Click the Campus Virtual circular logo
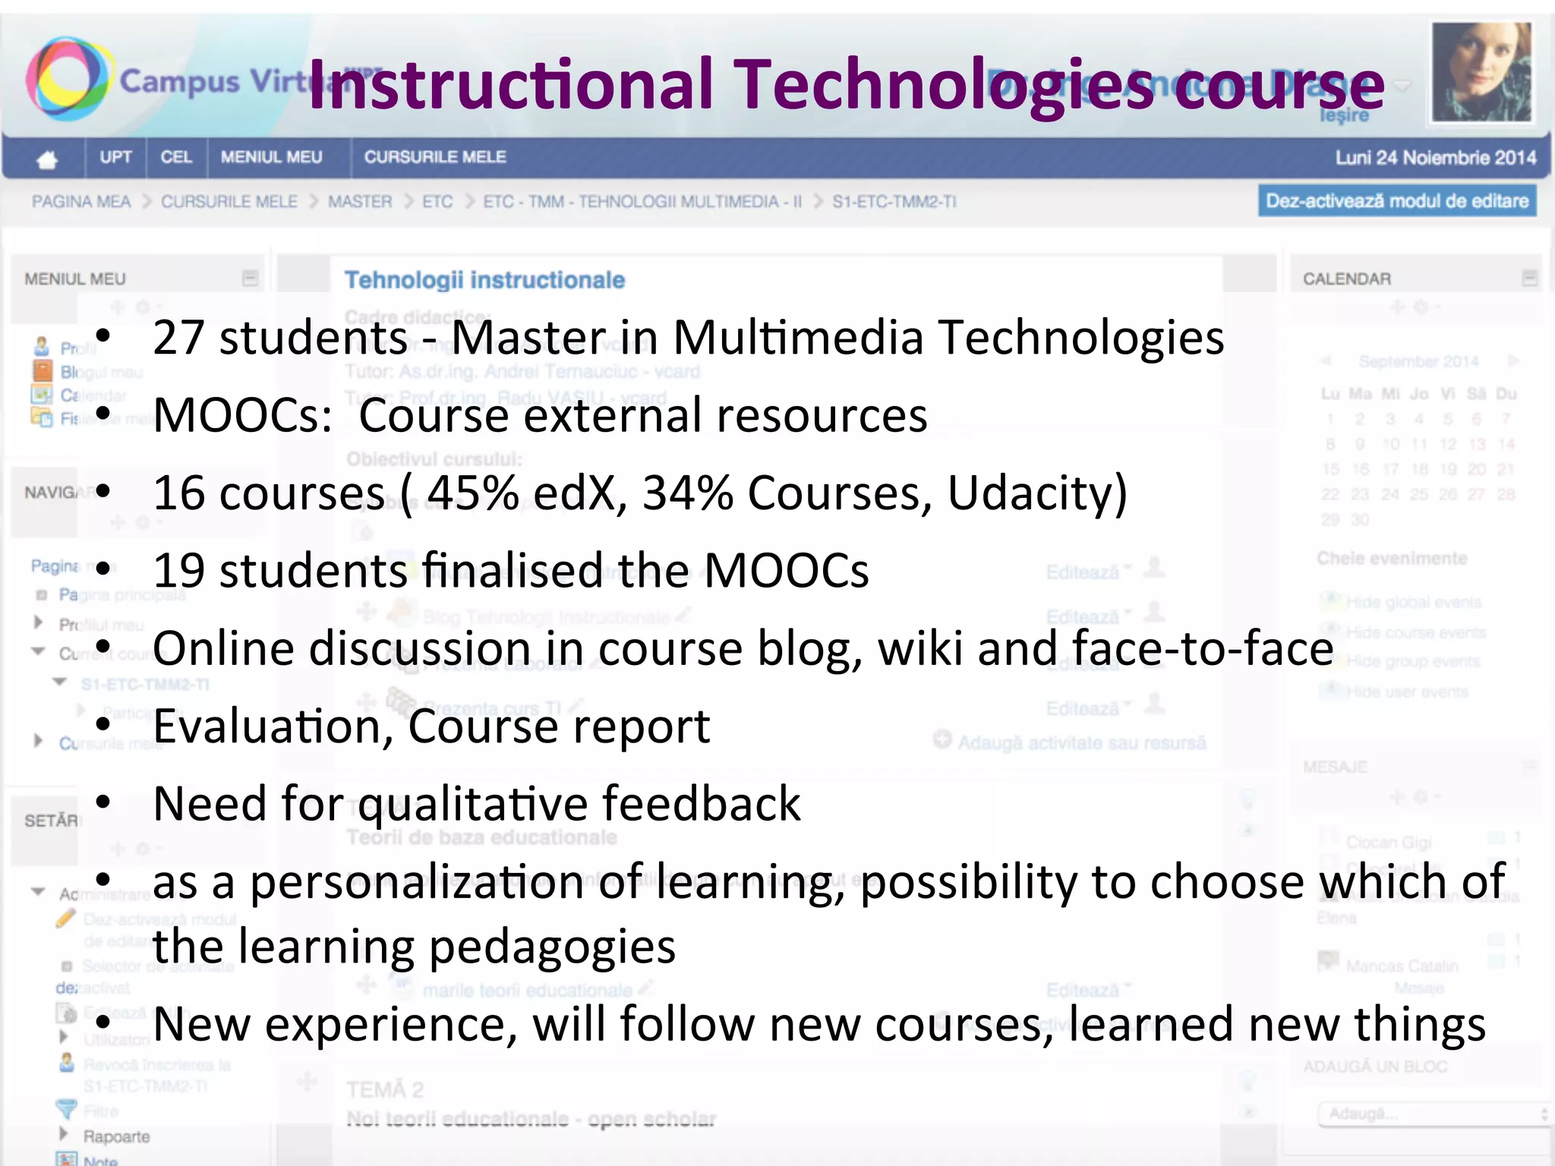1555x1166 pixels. point(67,79)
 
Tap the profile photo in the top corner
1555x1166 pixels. point(1480,71)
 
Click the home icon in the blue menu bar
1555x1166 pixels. point(47,159)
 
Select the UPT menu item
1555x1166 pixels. point(115,157)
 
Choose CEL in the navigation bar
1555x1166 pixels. point(176,157)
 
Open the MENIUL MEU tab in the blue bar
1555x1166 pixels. point(271,157)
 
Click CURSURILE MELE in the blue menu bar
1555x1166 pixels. point(434,157)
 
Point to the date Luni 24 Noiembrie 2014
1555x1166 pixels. point(1435,158)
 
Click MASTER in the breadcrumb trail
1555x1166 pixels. point(360,202)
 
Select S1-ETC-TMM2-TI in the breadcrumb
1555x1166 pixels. point(894,202)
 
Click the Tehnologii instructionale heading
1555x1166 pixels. point(484,280)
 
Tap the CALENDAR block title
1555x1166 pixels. point(1346,279)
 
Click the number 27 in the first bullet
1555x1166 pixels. point(178,338)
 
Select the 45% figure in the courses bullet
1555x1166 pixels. point(472,493)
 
